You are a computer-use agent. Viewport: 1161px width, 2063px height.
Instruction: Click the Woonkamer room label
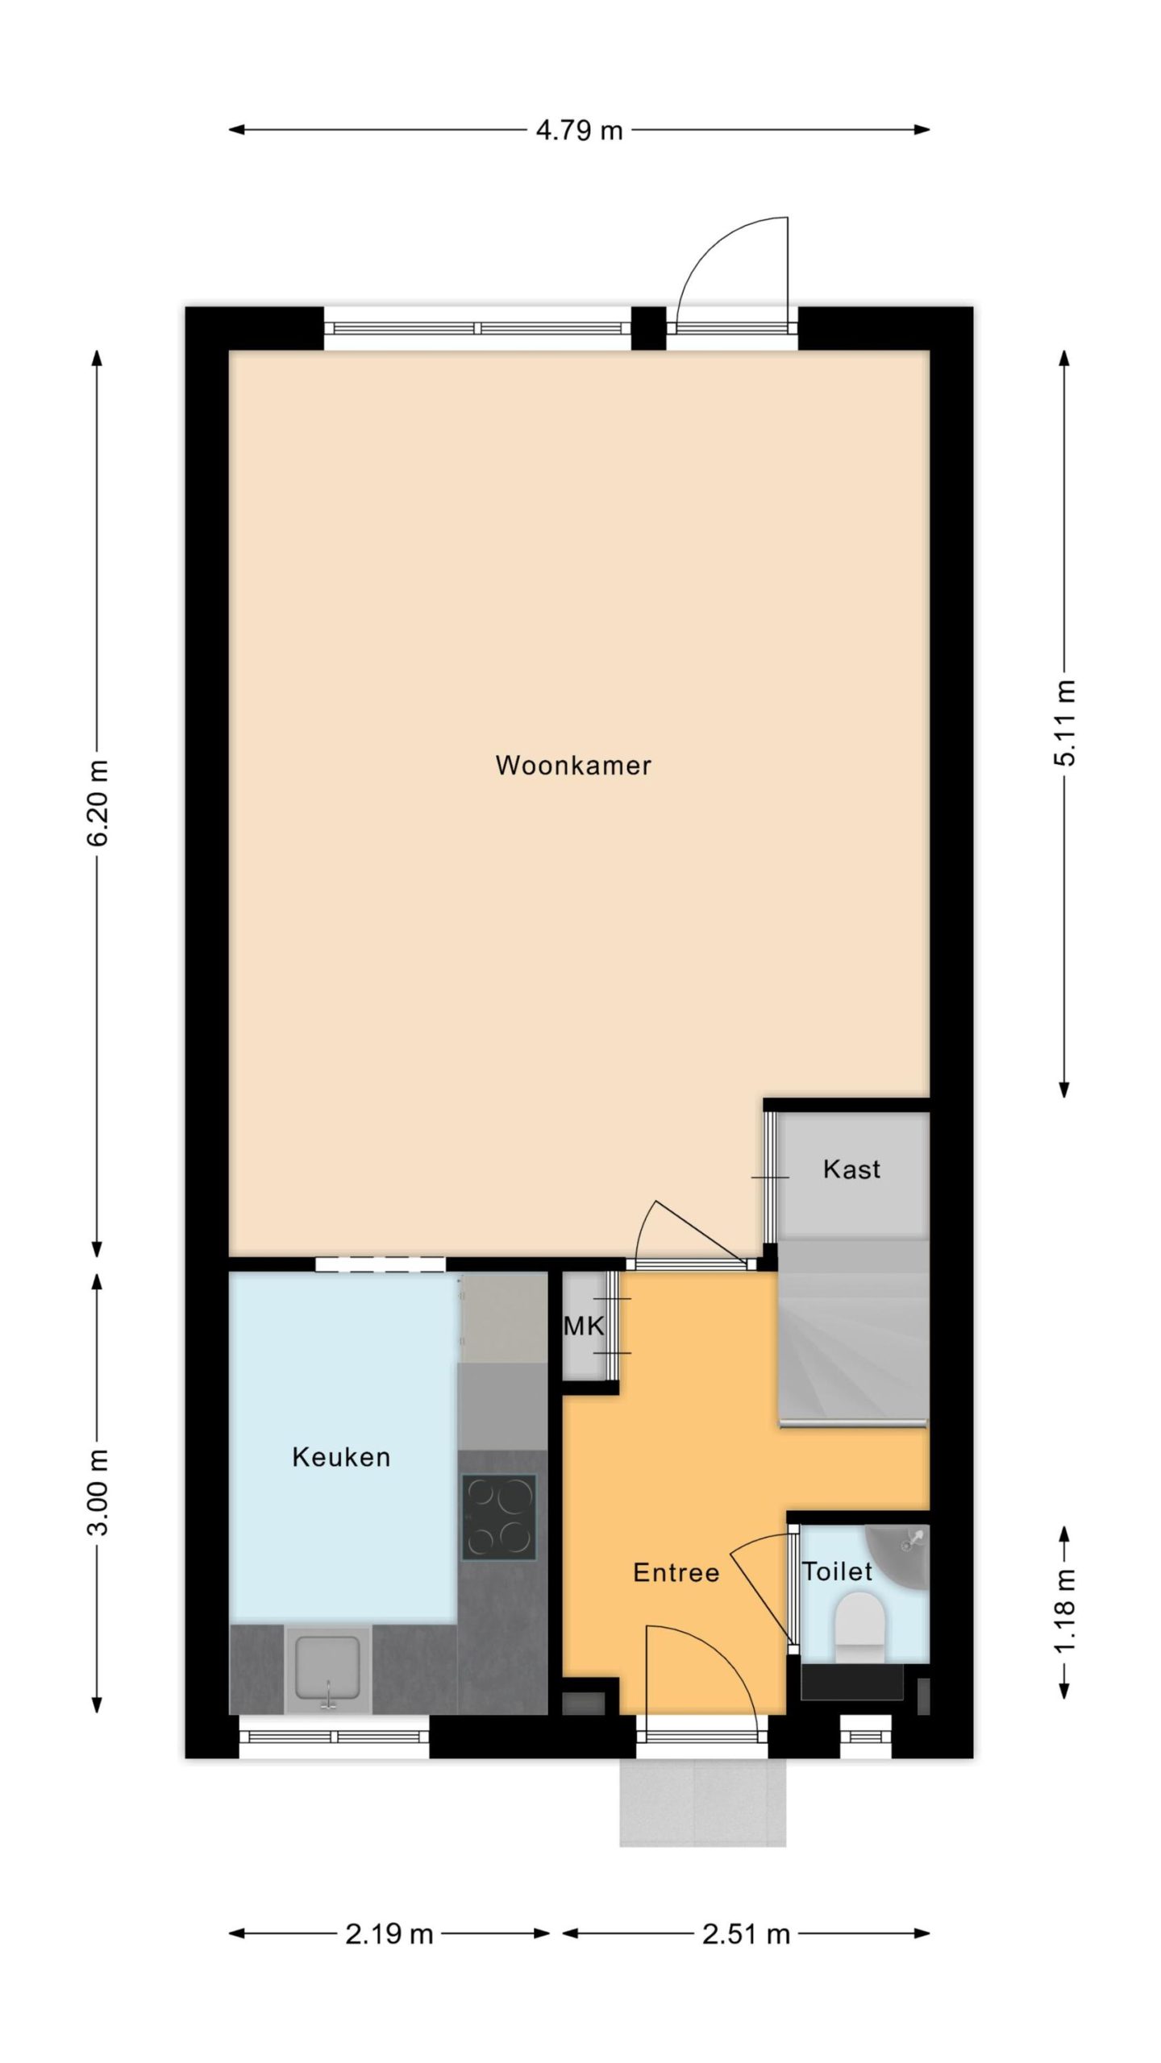573,765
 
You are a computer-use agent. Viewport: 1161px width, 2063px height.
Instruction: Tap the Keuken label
341,1457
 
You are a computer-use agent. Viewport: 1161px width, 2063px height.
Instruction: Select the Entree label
676,1572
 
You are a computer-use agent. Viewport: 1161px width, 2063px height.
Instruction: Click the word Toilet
837,1571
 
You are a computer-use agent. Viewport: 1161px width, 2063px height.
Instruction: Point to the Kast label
851,1169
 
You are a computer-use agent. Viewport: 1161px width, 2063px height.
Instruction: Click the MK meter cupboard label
583,1326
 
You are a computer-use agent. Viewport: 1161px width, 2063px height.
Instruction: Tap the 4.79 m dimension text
580,130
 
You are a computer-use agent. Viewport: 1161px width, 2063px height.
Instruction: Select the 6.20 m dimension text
97,803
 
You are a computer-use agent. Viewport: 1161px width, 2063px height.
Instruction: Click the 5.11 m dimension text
1064,723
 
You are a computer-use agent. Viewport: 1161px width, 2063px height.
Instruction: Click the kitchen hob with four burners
499,1517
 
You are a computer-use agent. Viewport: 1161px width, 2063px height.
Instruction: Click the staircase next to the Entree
854,1333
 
